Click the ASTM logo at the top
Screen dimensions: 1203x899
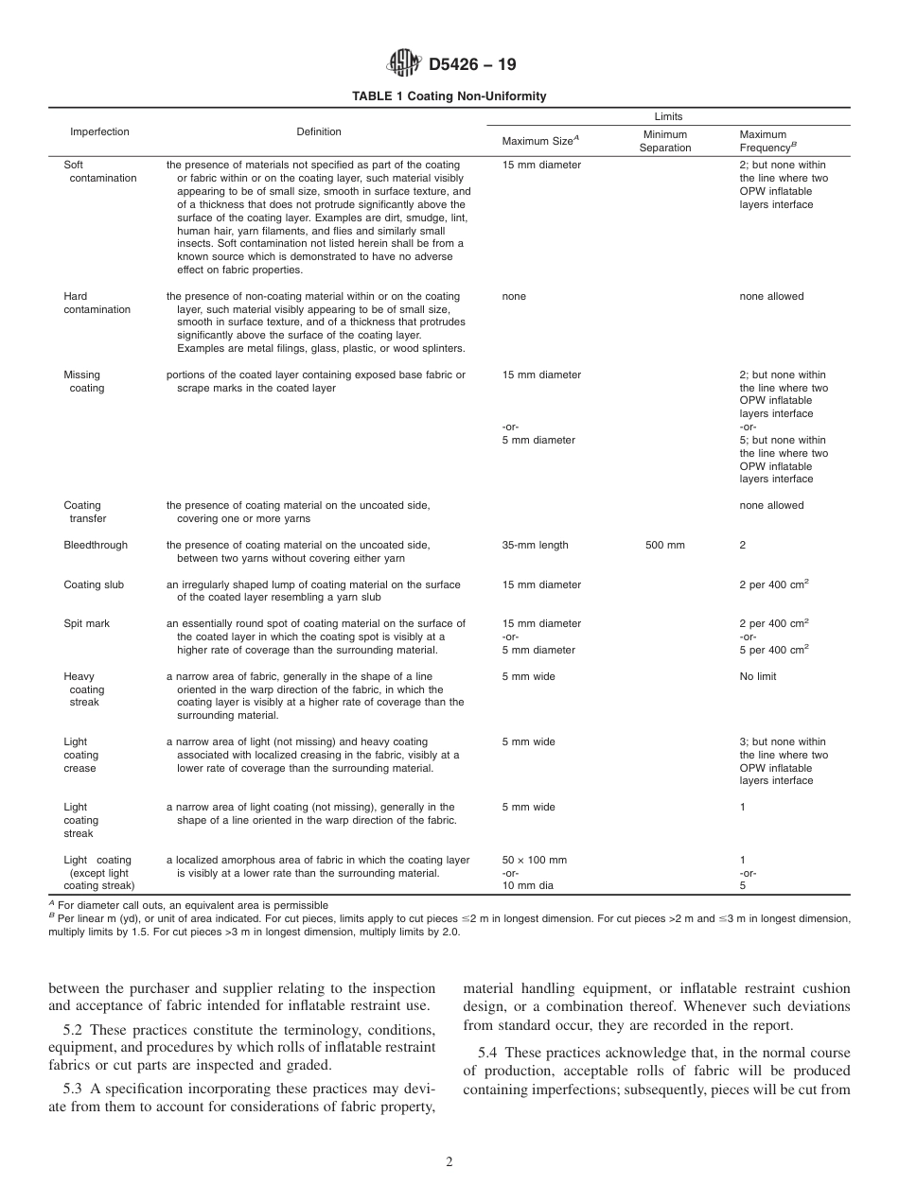404,64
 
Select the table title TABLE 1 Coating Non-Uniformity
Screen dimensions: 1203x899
449,96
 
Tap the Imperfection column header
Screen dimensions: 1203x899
99,131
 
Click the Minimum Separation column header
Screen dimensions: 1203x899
665,141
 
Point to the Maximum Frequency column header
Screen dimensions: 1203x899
766,141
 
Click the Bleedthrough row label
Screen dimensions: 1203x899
96,545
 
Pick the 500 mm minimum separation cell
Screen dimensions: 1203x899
665,545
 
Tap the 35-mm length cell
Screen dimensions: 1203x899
536,545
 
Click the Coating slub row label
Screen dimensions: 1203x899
94,584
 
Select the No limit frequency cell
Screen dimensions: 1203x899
758,676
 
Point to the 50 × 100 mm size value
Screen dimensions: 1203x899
535,860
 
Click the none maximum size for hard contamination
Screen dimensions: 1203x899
514,296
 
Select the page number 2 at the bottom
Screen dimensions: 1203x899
449,1162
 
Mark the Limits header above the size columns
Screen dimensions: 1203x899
667,116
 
